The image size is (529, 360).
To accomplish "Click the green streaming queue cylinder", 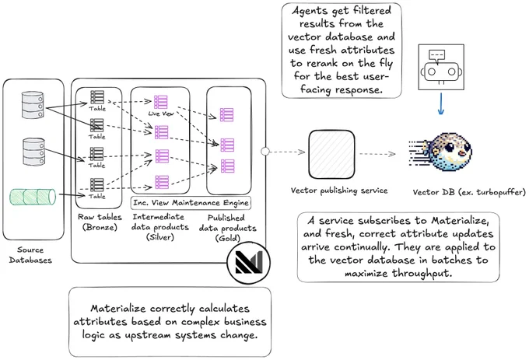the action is click(x=33, y=197).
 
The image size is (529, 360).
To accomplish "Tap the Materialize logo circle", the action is click(x=249, y=262).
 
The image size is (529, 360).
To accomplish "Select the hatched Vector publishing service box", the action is click(x=331, y=155).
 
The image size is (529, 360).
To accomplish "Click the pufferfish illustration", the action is click(x=440, y=152).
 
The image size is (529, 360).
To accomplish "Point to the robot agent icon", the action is click(x=441, y=67).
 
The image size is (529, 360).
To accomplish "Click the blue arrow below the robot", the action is click(x=440, y=104).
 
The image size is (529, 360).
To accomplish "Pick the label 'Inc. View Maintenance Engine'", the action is click(x=191, y=203).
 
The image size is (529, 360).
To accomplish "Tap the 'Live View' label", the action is click(x=161, y=114).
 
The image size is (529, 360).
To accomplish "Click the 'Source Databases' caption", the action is click(x=30, y=255).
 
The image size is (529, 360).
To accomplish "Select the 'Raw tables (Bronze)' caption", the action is click(x=100, y=222).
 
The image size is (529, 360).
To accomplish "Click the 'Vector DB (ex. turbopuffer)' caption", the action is click(x=469, y=192).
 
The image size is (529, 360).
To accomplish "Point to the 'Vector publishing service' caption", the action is click(x=339, y=190).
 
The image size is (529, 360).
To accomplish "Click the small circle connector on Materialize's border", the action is click(x=265, y=152).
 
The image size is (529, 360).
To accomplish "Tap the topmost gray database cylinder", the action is click(x=33, y=105).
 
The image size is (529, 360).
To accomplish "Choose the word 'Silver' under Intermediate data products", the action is click(x=160, y=237).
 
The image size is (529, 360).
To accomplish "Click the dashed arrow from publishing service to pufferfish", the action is click(x=377, y=154).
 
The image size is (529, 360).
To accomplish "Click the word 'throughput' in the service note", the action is click(x=421, y=273).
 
